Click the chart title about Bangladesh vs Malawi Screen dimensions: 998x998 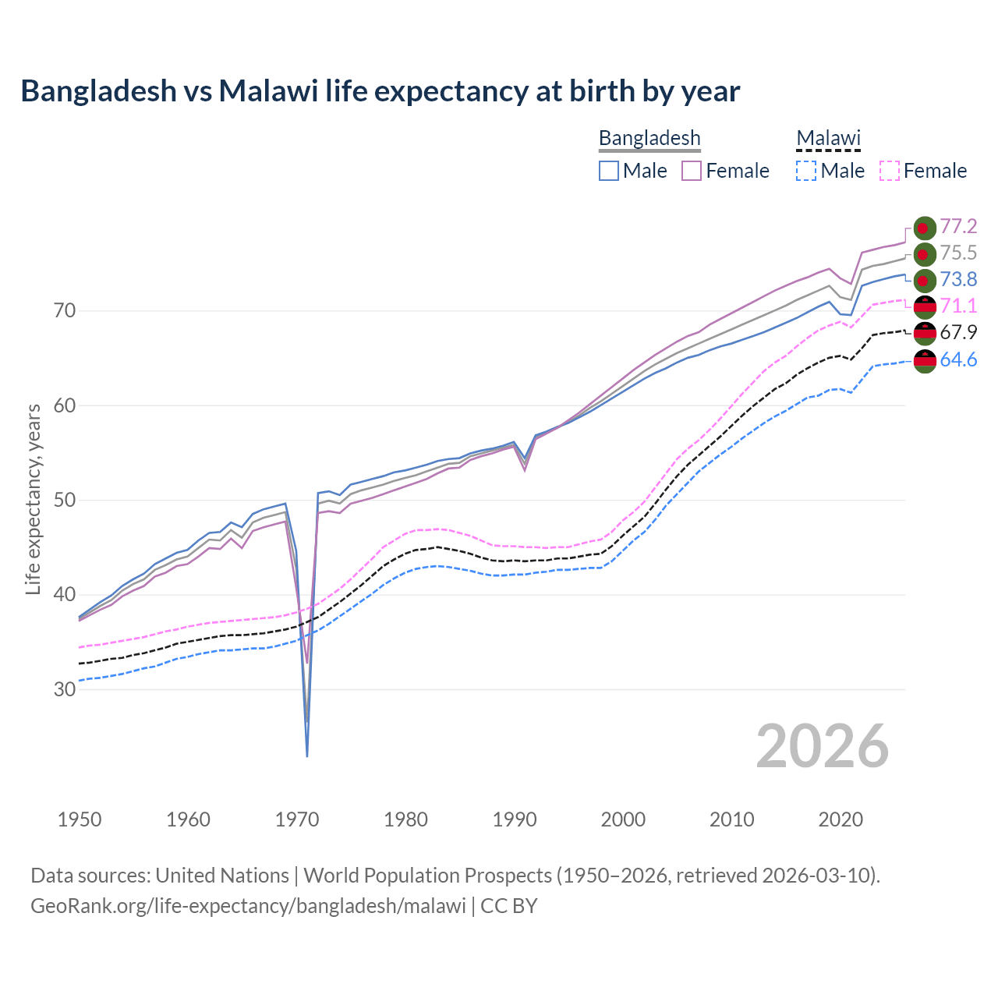(x=380, y=91)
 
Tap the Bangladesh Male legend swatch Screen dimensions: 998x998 (x=609, y=171)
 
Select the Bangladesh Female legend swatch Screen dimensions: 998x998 (x=692, y=171)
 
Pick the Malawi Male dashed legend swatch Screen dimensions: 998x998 (x=806, y=171)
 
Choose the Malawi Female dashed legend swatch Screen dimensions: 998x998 (x=890, y=171)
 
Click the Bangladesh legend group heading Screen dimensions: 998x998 (x=649, y=138)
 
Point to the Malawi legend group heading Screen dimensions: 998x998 (x=828, y=138)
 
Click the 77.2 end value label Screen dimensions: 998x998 (x=958, y=227)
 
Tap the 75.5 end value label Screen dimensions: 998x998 (x=958, y=253)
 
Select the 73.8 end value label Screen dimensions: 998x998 (x=958, y=280)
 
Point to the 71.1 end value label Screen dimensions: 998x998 (x=958, y=306)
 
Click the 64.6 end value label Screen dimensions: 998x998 (x=958, y=359)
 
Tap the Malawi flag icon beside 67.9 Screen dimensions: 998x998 (x=925, y=333)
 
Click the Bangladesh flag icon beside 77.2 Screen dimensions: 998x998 (x=925, y=228)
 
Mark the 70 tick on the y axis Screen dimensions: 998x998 (x=65, y=311)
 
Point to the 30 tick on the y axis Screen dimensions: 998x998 (x=65, y=689)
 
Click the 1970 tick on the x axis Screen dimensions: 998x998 (x=297, y=819)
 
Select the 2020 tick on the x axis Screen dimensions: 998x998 (x=841, y=819)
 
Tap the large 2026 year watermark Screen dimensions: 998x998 (x=823, y=746)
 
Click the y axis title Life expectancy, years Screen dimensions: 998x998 (x=33, y=499)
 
